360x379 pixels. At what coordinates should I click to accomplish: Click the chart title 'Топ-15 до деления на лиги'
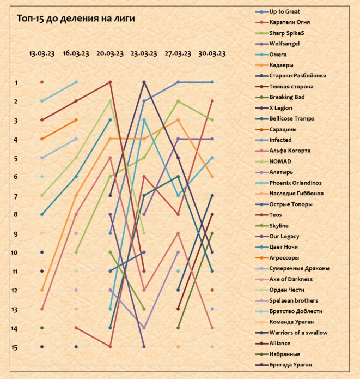(76, 19)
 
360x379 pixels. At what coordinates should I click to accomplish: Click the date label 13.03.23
(42, 54)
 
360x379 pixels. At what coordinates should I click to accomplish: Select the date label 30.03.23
(212, 54)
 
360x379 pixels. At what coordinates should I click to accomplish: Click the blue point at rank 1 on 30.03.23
(212, 82)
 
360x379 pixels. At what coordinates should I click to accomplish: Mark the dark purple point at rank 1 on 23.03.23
(144, 82)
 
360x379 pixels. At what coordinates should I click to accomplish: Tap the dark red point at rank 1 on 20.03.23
(110, 82)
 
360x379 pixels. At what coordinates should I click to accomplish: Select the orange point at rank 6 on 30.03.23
(212, 177)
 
